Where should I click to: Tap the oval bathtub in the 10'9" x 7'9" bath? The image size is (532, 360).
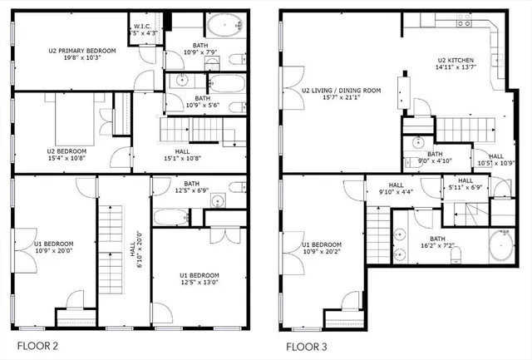click(x=223, y=26)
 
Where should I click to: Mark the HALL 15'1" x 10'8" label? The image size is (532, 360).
click(x=181, y=151)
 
